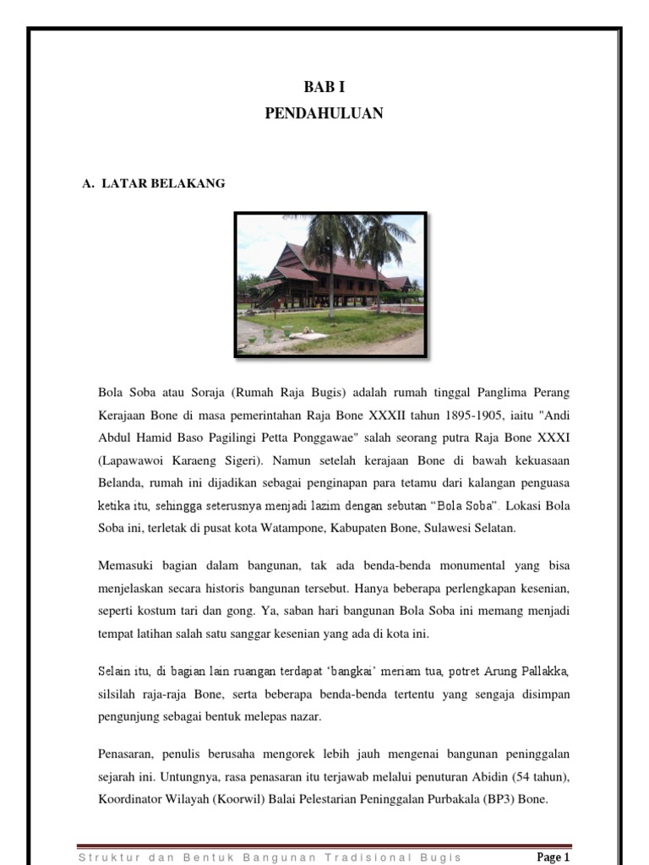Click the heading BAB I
tap(324, 88)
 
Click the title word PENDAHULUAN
tap(324, 112)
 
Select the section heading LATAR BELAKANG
tap(163, 182)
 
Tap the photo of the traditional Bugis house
tap(330, 285)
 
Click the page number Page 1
tap(554, 857)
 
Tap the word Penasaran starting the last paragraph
tap(128, 752)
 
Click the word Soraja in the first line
tap(205, 393)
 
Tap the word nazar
tap(303, 716)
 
